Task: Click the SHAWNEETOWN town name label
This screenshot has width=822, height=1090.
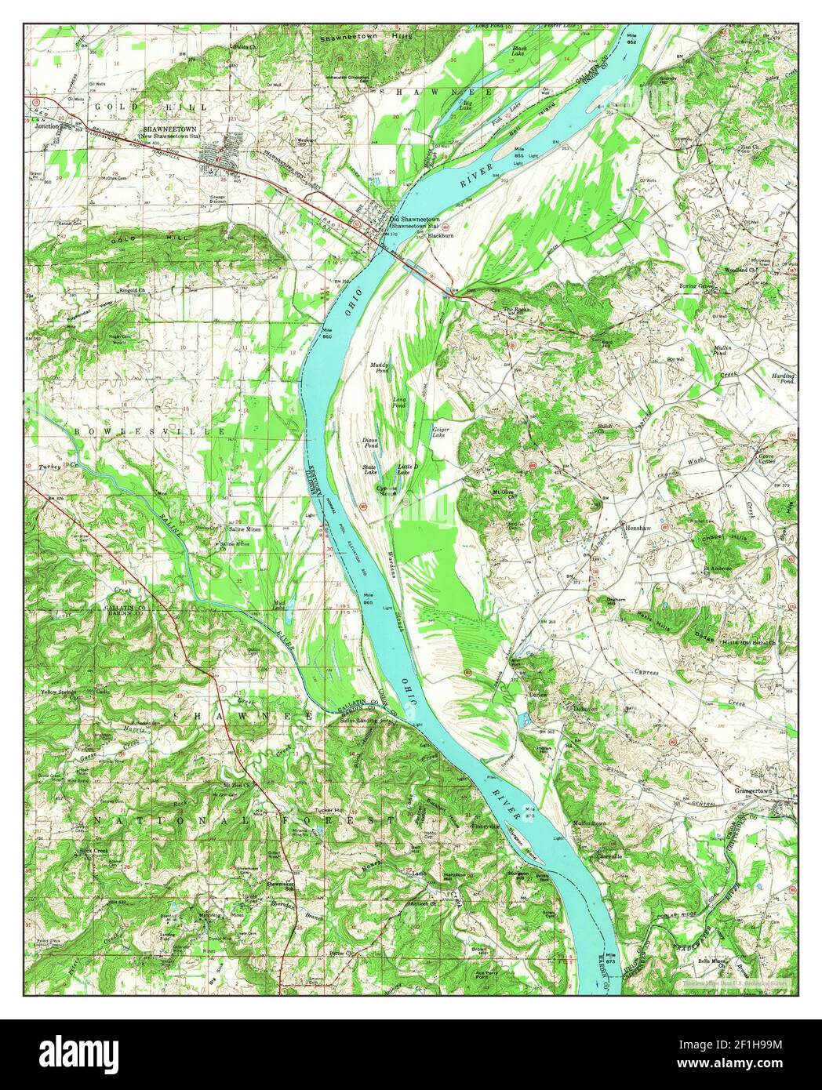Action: coord(168,129)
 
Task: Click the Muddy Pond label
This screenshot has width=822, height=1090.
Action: coord(380,369)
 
